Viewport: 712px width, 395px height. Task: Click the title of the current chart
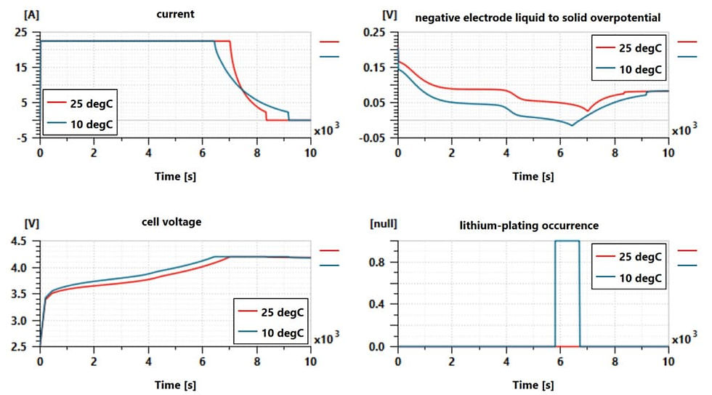pyautogui.click(x=175, y=14)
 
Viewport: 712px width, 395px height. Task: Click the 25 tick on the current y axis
pyautogui.click(x=20, y=33)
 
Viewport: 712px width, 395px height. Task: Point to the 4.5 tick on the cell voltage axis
pyautogui.click(x=20, y=242)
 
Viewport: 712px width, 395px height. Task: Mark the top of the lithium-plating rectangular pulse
pyautogui.click(x=567, y=241)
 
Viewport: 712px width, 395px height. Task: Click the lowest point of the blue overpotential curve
pyautogui.click(x=572, y=125)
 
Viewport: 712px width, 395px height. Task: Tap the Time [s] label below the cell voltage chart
pyautogui.click(x=175, y=384)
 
